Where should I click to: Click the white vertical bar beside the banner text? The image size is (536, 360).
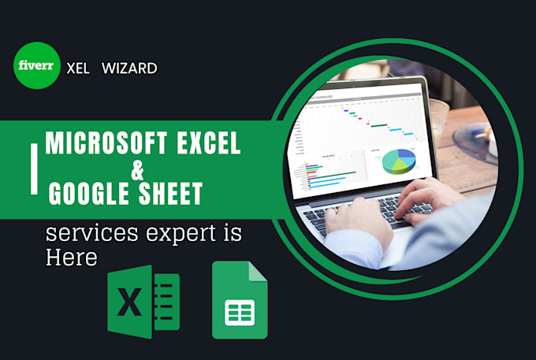[x=33, y=168]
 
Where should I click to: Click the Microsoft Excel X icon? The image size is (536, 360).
[x=143, y=301]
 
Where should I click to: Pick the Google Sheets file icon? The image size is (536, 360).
[x=240, y=301]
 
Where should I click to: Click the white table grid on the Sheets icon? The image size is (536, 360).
[x=240, y=312]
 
